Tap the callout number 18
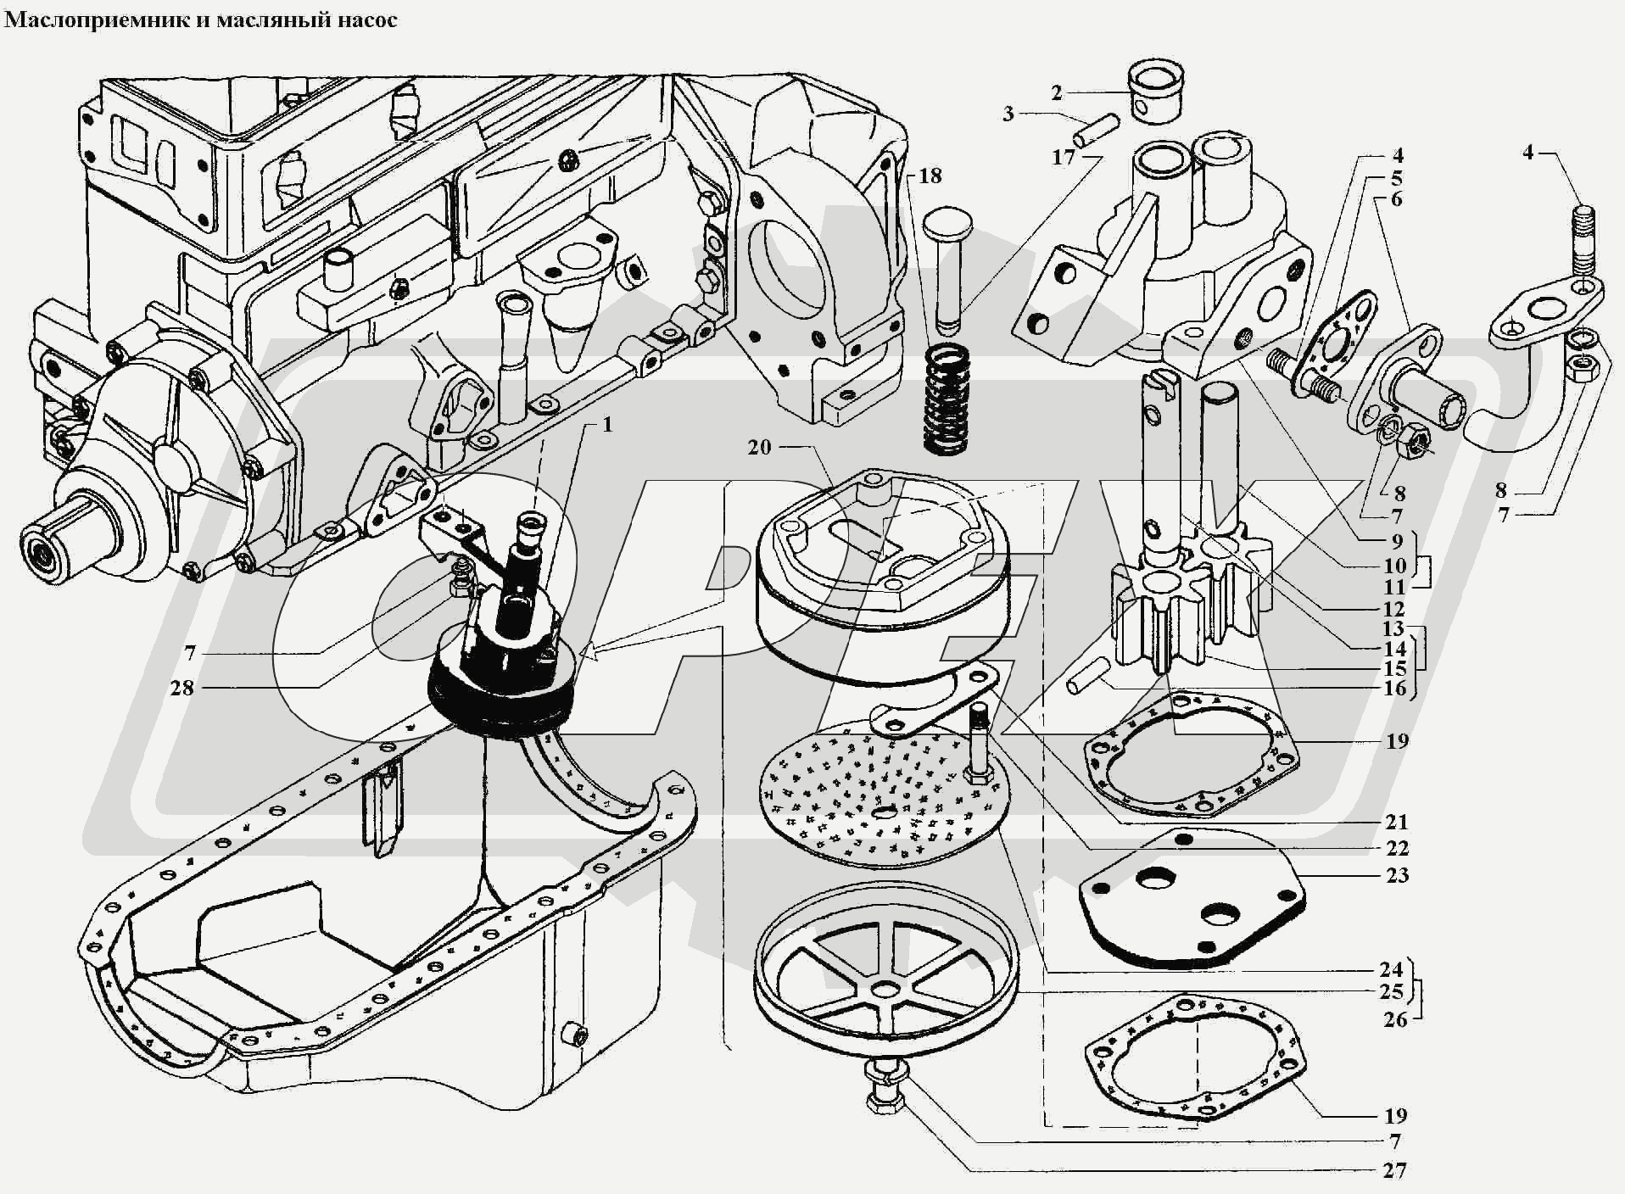[x=930, y=176]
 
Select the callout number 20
[x=759, y=446]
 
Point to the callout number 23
[x=1396, y=875]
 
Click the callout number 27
[x=1394, y=1171]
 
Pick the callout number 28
[x=181, y=688]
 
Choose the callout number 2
[x=1057, y=92]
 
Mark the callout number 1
[x=607, y=424]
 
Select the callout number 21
[x=1396, y=821]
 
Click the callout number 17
[x=1064, y=157]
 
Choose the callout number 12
[x=1393, y=609]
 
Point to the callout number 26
[x=1395, y=1018]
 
